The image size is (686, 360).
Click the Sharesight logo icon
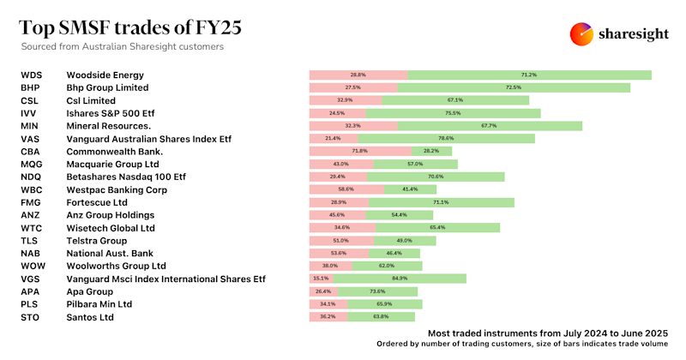pos(583,34)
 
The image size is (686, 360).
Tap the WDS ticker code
pos(31,75)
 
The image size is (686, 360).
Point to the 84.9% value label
pos(400,279)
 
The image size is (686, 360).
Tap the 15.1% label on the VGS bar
pos(321,279)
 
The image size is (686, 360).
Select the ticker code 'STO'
pos(30,316)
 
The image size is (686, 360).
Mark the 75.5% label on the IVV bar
pos(453,113)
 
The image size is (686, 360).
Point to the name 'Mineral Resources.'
pos(109,126)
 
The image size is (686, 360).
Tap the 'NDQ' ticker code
pos(31,177)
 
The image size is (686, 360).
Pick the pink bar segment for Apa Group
pos(323,291)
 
